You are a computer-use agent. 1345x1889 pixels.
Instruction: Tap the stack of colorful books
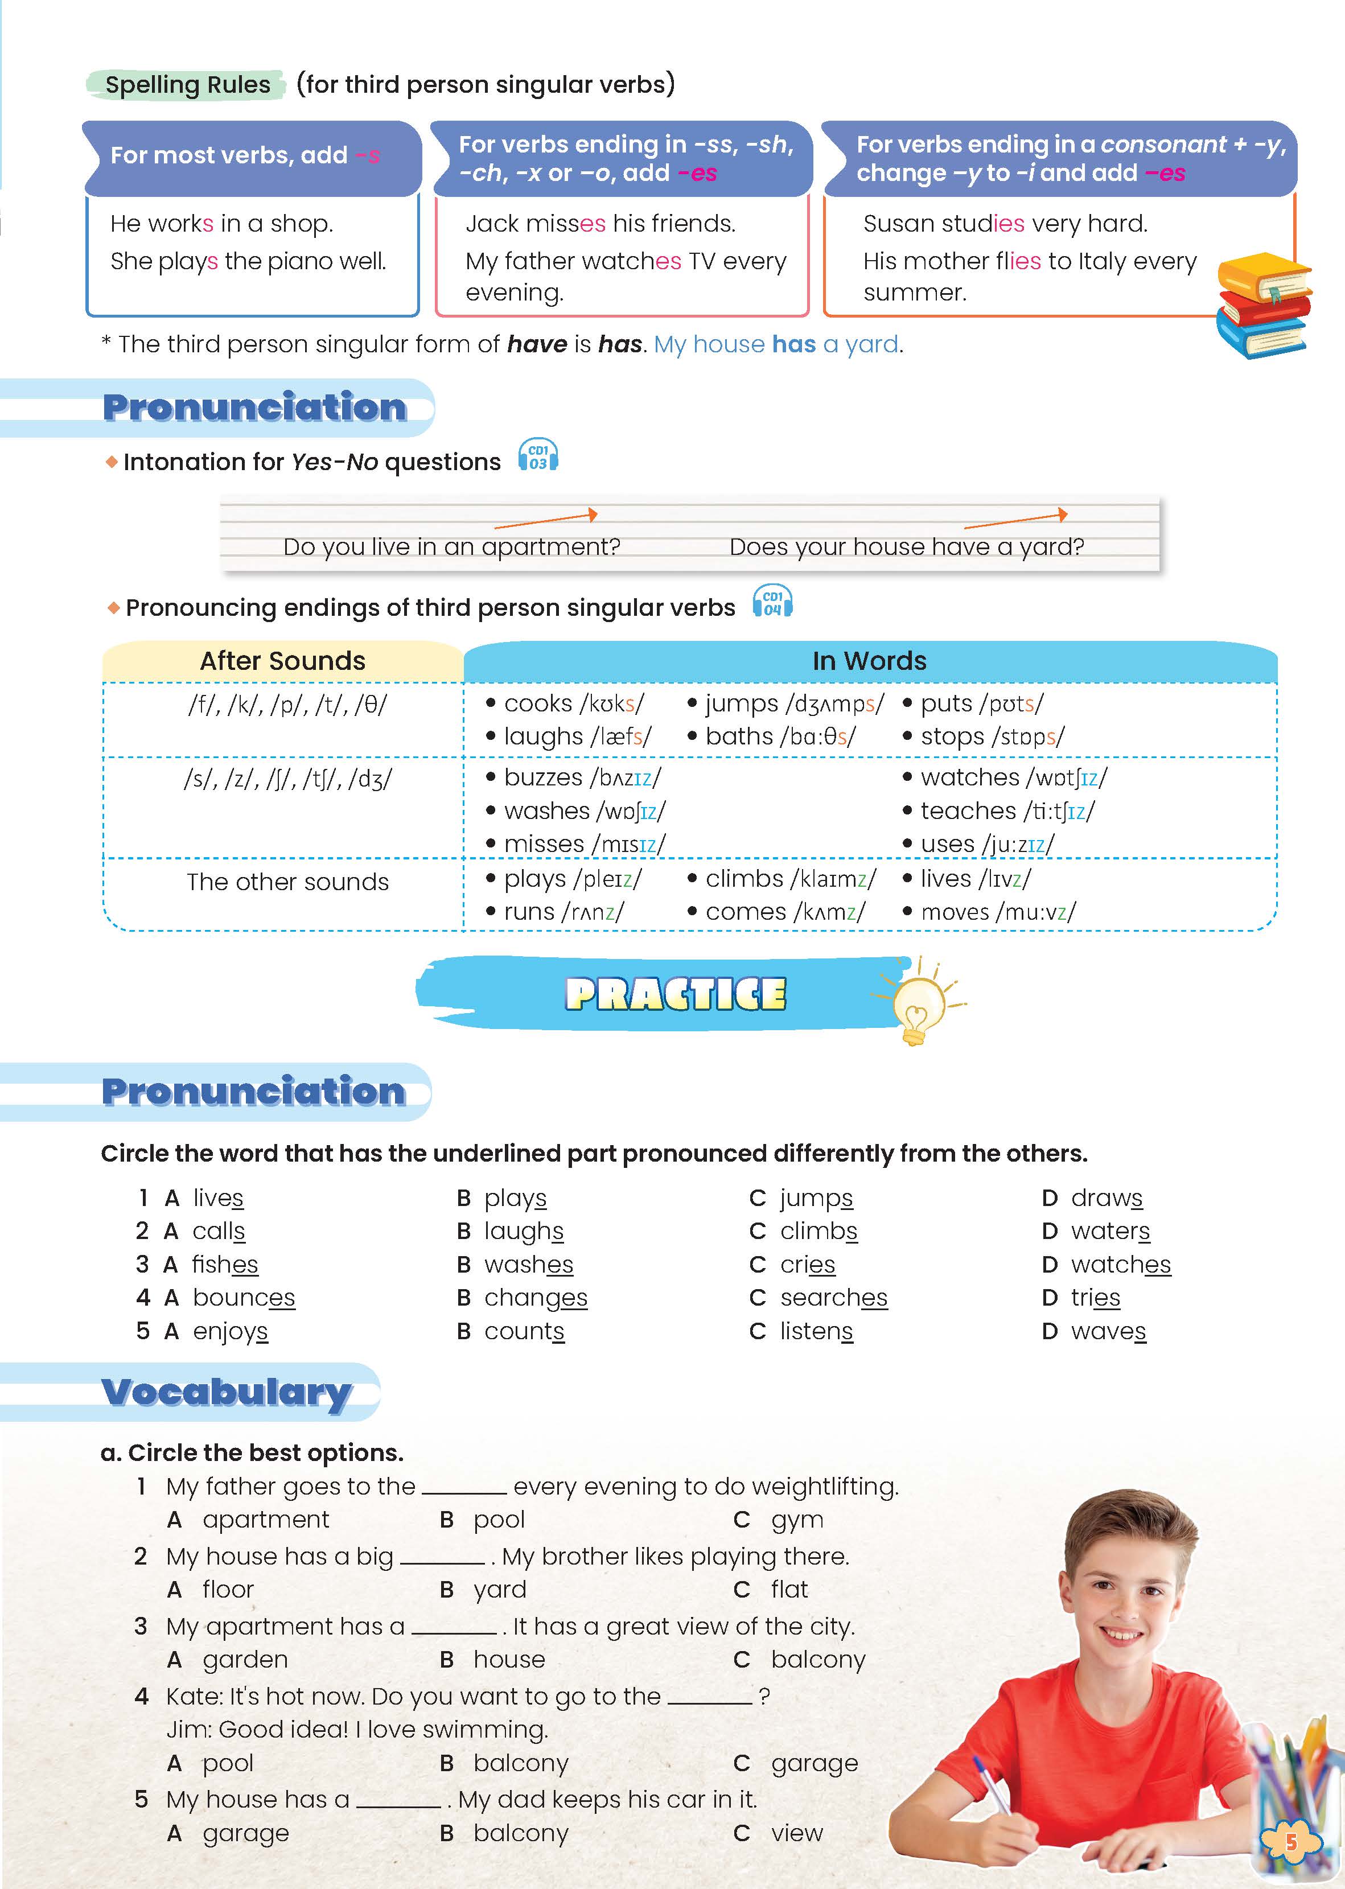click(x=1264, y=304)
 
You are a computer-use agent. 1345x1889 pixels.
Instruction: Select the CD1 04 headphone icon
click(x=772, y=602)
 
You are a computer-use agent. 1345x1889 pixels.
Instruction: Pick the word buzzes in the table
click(x=544, y=777)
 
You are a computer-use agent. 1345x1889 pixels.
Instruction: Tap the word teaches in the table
click(x=967, y=811)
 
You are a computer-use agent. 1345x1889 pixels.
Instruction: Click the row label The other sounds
click(x=287, y=882)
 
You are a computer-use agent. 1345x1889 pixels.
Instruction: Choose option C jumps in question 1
click(x=816, y=1198)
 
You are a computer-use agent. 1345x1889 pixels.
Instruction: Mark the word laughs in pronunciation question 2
click(x=524, y=1232)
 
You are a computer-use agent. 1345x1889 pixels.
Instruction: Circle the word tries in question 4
click(x=1095, y=1298)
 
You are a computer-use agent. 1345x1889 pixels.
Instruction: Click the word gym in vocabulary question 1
click(x=797, y=1520)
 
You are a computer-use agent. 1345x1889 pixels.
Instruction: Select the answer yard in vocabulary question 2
click(x=499, y=1589)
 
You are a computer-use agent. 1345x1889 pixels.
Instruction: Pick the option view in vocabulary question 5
click(x=797, y=1833)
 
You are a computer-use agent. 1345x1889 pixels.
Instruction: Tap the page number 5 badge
click(x=1290, y=1842)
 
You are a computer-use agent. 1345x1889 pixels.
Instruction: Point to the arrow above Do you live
click(x=546, y=519)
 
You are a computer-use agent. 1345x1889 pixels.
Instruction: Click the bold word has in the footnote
click(x=620, y=344)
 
